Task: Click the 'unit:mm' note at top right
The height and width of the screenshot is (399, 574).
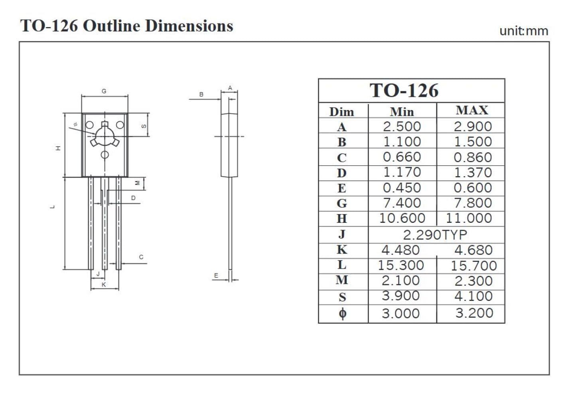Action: (524, 31)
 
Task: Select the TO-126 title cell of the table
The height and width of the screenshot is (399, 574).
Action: (412, 90)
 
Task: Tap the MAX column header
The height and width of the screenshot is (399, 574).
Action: (472, 110)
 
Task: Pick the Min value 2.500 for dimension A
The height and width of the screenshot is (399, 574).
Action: (402, 126)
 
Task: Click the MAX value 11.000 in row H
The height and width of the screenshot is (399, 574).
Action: (469, 218)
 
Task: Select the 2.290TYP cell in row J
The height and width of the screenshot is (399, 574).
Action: (435, 235)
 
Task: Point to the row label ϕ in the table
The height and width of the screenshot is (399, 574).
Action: (343, 313)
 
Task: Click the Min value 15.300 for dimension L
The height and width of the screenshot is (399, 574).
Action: (401, 265)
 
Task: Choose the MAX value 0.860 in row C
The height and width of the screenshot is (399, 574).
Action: (473, 157)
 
